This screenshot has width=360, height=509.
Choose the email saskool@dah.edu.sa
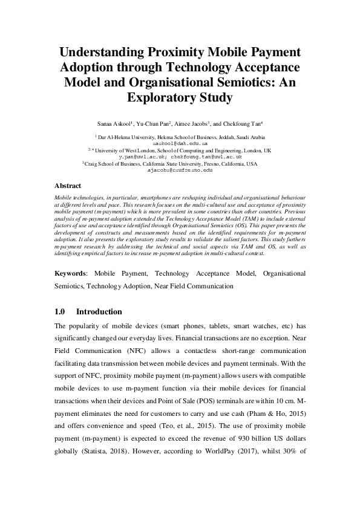point(180,144)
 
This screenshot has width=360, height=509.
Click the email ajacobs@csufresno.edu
point(180,170)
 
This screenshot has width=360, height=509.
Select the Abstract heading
point(68,186)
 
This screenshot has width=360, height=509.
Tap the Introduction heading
point(99,312)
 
